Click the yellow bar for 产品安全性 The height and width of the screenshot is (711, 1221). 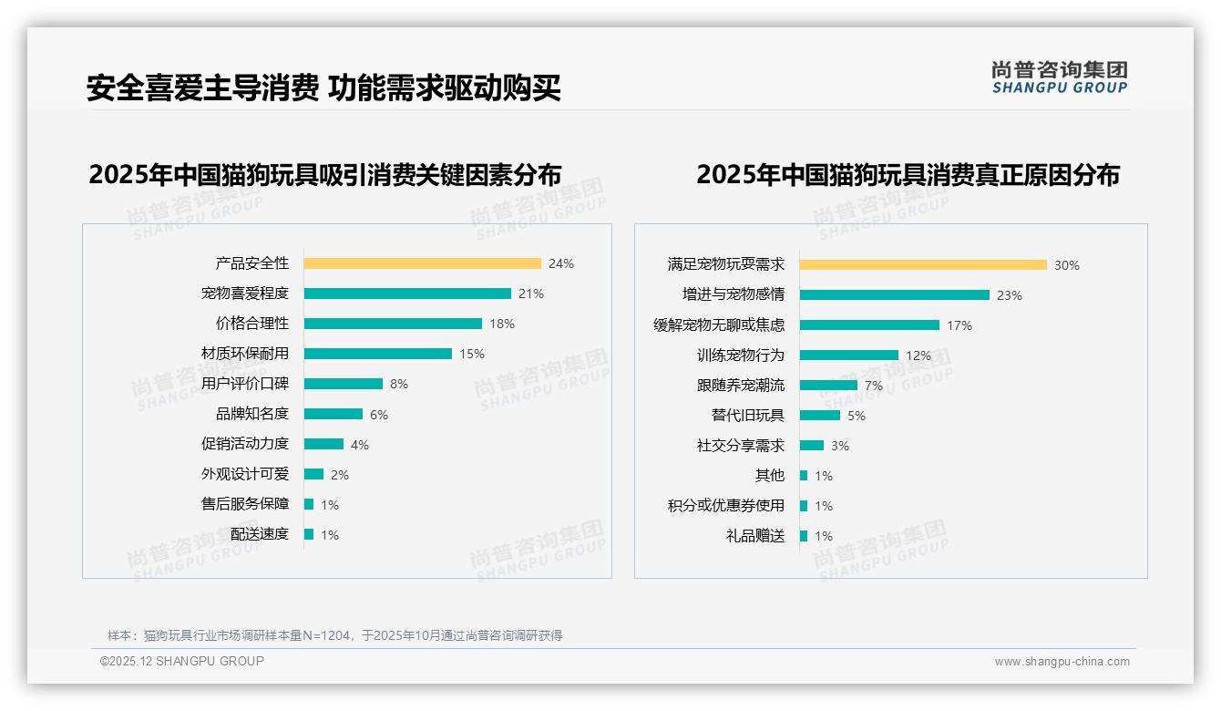[422, 263]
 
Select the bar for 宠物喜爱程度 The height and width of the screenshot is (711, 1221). [407, 294]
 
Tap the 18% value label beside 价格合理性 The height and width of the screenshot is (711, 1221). [502, 324]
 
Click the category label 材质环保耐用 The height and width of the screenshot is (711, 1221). [245, 354]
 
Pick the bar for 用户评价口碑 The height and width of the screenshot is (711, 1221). [344, 384]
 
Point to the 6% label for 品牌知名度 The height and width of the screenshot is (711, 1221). [379, 415]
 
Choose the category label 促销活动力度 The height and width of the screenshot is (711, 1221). [245, 444]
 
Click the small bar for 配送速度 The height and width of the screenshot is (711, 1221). [309, 534]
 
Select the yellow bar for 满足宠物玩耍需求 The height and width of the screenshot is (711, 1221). [923, 265]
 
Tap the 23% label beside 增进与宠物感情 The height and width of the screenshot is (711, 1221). [1010, 295]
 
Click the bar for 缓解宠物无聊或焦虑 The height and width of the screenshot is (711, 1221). [869, 325]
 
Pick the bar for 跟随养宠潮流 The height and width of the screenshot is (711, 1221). [828, 386]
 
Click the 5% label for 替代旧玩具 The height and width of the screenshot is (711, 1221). [857, 416]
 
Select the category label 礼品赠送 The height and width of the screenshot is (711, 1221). [754, 536]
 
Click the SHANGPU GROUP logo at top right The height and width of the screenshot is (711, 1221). [1060, 77]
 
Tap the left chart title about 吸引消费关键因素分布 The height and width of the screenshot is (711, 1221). [325, 174]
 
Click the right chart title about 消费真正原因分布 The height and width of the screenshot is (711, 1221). [908, 174]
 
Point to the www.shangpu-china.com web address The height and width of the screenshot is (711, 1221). [1062, 662]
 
